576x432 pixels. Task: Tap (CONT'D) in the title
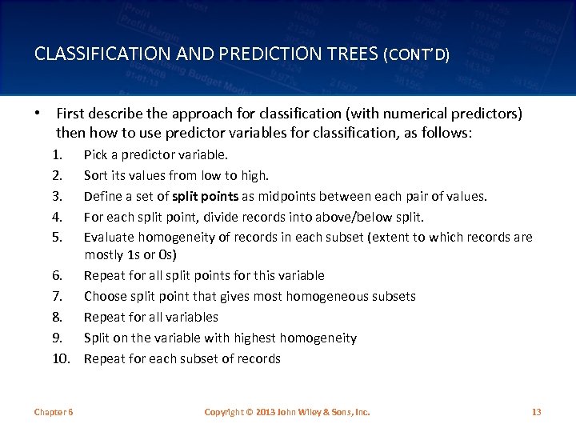[x=417, y=55]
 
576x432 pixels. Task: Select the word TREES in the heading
[x=352, y=54]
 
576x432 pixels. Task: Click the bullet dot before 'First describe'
[x=38, y=114]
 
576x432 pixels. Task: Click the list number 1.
[x=57, y=155]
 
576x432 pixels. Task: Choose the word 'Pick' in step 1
[x=97, y=155]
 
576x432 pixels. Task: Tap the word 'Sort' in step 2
[x=97, y=176]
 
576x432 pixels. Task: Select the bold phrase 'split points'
[x=206, y=197]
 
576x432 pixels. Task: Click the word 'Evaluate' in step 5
[x=110, y=238]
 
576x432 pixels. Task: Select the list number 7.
[x=57, y=296]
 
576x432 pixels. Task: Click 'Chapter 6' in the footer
[x=54, y=412]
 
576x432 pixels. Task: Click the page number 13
[x=536, y=412]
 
